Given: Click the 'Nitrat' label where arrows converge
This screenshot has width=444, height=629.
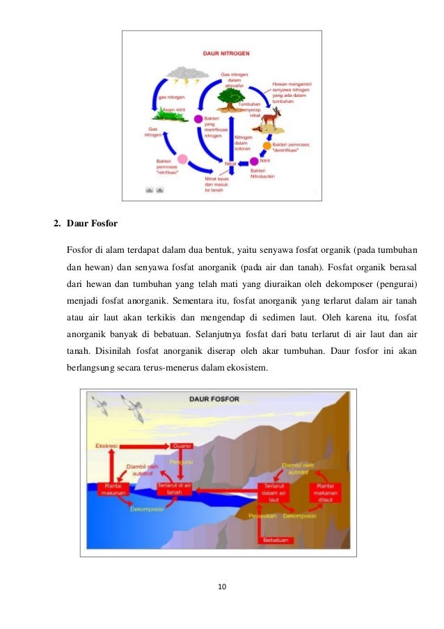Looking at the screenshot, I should pyautogui.click(x=231, y=164).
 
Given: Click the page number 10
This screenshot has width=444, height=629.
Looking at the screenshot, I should pyautogui.click(x=221, y=587).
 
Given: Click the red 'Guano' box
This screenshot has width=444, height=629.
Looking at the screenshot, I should pyautogui.click(x=182, y=445).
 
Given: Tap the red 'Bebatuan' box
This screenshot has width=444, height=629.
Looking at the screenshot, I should pyautogui.click(x=276, y=540).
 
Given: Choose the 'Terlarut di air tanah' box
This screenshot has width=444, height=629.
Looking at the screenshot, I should pyautogui.click(x=174, y=489).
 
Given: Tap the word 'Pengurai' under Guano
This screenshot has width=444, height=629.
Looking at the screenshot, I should pyautogui.click(x=182, y=460).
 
